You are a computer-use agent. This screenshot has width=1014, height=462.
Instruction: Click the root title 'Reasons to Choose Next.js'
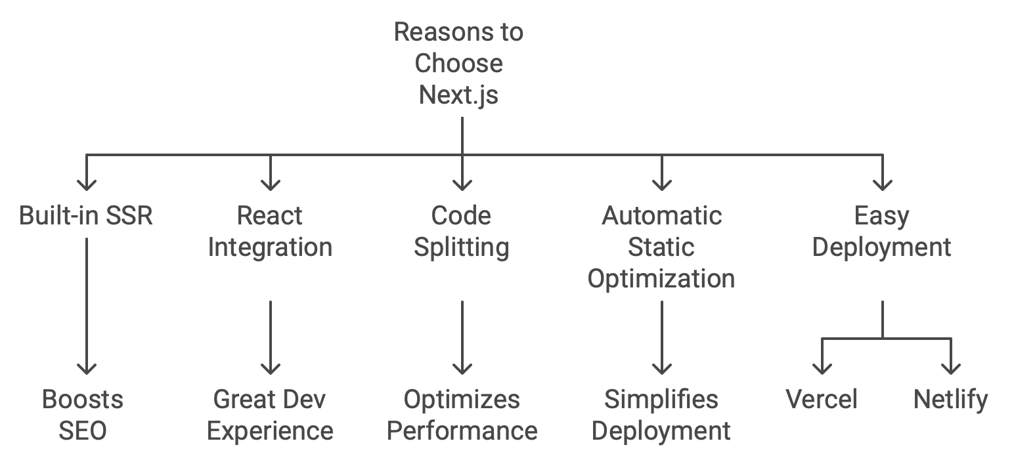pos(459,64)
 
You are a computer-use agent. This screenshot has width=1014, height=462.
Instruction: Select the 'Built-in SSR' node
pos(86,215)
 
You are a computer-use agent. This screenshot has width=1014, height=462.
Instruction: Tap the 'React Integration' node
pos(270,231)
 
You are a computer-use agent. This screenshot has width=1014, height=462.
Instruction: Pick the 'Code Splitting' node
pos(462,231)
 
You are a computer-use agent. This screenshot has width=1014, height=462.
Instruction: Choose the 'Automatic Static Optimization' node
pos(661,247)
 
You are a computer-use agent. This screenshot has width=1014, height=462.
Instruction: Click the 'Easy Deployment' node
pos(881,231)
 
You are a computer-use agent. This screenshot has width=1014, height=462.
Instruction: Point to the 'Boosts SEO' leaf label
pos(83,415)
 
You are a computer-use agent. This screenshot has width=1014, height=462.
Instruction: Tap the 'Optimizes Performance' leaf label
pos(462,415)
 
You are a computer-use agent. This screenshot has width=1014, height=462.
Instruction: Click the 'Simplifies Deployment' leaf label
pos(661,415)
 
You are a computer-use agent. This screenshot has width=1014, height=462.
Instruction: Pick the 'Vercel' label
pos(822,399)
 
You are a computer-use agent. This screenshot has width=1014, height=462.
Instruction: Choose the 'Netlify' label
pos(950,399)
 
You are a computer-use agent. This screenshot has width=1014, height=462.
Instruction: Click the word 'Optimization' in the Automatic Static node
pos(661,278)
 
